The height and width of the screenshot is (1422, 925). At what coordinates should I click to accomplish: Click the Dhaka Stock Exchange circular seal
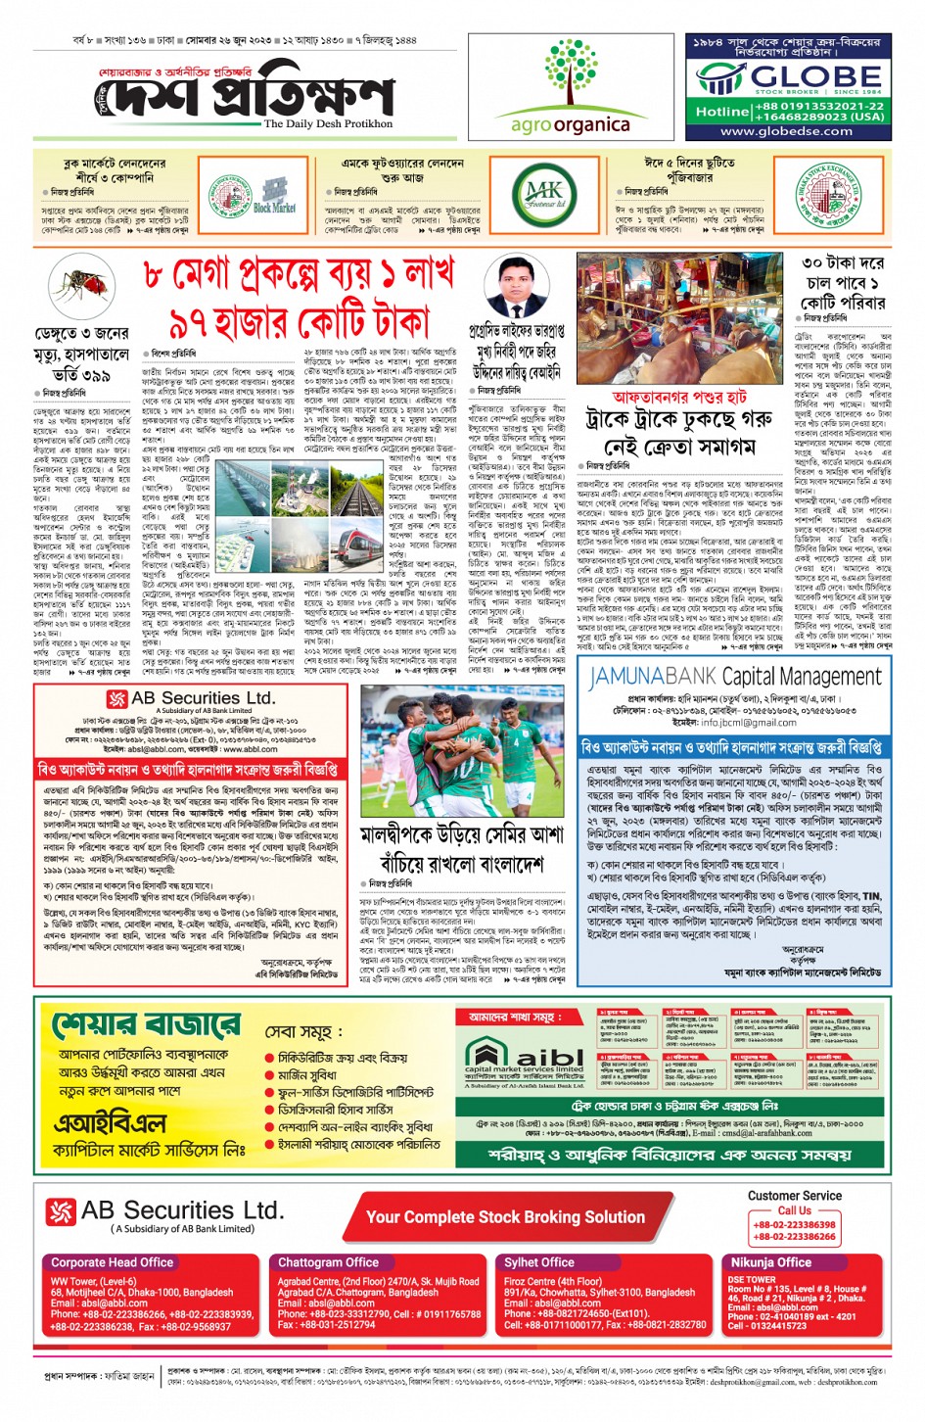(x=828, y=195)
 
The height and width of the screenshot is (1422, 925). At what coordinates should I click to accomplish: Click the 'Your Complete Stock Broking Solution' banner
(x=505, y=1217)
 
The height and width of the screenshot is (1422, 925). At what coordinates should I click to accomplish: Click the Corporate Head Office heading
(x=112, y=1262)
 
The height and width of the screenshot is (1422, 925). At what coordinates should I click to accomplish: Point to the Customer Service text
(x=794, y=1196)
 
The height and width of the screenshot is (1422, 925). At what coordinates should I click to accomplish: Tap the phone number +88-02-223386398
(x=794, y=1224)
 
